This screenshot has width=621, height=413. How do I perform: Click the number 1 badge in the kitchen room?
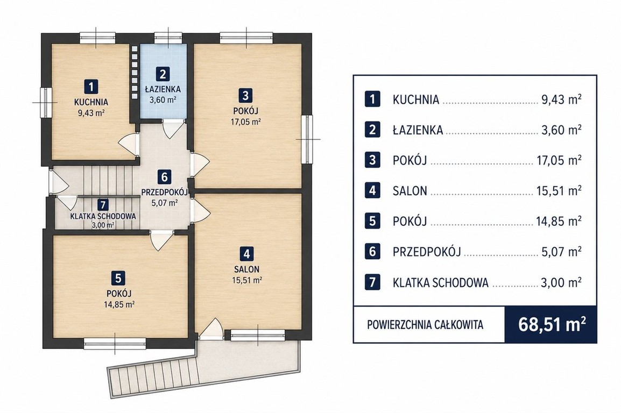(91, 87)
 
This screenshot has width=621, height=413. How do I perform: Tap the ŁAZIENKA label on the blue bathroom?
(163, 89)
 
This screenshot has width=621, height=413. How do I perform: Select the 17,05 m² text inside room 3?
(245, 122)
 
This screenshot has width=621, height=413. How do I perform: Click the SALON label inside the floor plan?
(246, 269)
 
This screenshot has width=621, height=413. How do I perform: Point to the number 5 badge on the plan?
(118, 278)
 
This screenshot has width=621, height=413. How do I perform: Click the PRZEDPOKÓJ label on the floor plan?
(164, 193)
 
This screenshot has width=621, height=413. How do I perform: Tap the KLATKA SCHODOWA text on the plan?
(103, 216)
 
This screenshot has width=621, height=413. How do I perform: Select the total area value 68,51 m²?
(552, 325)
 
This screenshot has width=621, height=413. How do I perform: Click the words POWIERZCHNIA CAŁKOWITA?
(425, 325)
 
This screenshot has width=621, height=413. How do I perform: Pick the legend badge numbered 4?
(372, 191)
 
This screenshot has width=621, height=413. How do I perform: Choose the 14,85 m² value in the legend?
(559, 220)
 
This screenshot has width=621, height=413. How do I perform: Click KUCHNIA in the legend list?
(416, 99)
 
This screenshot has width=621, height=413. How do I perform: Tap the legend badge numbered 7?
(372, 282)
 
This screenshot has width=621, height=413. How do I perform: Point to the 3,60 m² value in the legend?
(562, 130)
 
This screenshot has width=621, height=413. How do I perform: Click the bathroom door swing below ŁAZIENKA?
(173, 129)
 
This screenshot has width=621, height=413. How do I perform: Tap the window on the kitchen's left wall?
(46, 102)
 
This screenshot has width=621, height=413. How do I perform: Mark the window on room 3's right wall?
(307, 139)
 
